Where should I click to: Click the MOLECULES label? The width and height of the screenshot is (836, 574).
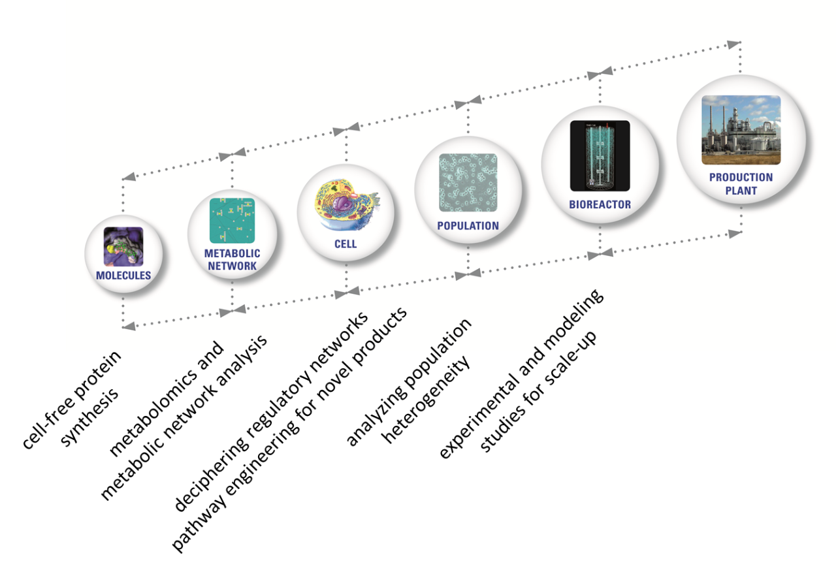pos(123,276)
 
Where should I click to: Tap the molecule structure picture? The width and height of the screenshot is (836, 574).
pos(123,246)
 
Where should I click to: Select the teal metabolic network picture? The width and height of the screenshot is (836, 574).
pos(232,221)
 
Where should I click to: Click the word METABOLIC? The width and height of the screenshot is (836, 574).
pos(232,253)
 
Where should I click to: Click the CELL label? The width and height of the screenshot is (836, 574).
pos(346,244)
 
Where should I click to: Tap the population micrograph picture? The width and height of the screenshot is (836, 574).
pos(468,183)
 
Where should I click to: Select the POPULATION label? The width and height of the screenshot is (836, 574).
pos(468,226)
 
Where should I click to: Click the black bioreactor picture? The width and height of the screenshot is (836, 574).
pos(600,155)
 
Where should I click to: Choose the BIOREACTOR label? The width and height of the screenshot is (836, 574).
pos(600,204)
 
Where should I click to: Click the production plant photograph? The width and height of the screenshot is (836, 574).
pos(741,130)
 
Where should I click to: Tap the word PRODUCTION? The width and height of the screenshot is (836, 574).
pos(741,177)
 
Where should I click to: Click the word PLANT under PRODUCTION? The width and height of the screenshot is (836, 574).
pos(741,191)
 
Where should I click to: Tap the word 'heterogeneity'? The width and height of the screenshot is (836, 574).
pos(425,400)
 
